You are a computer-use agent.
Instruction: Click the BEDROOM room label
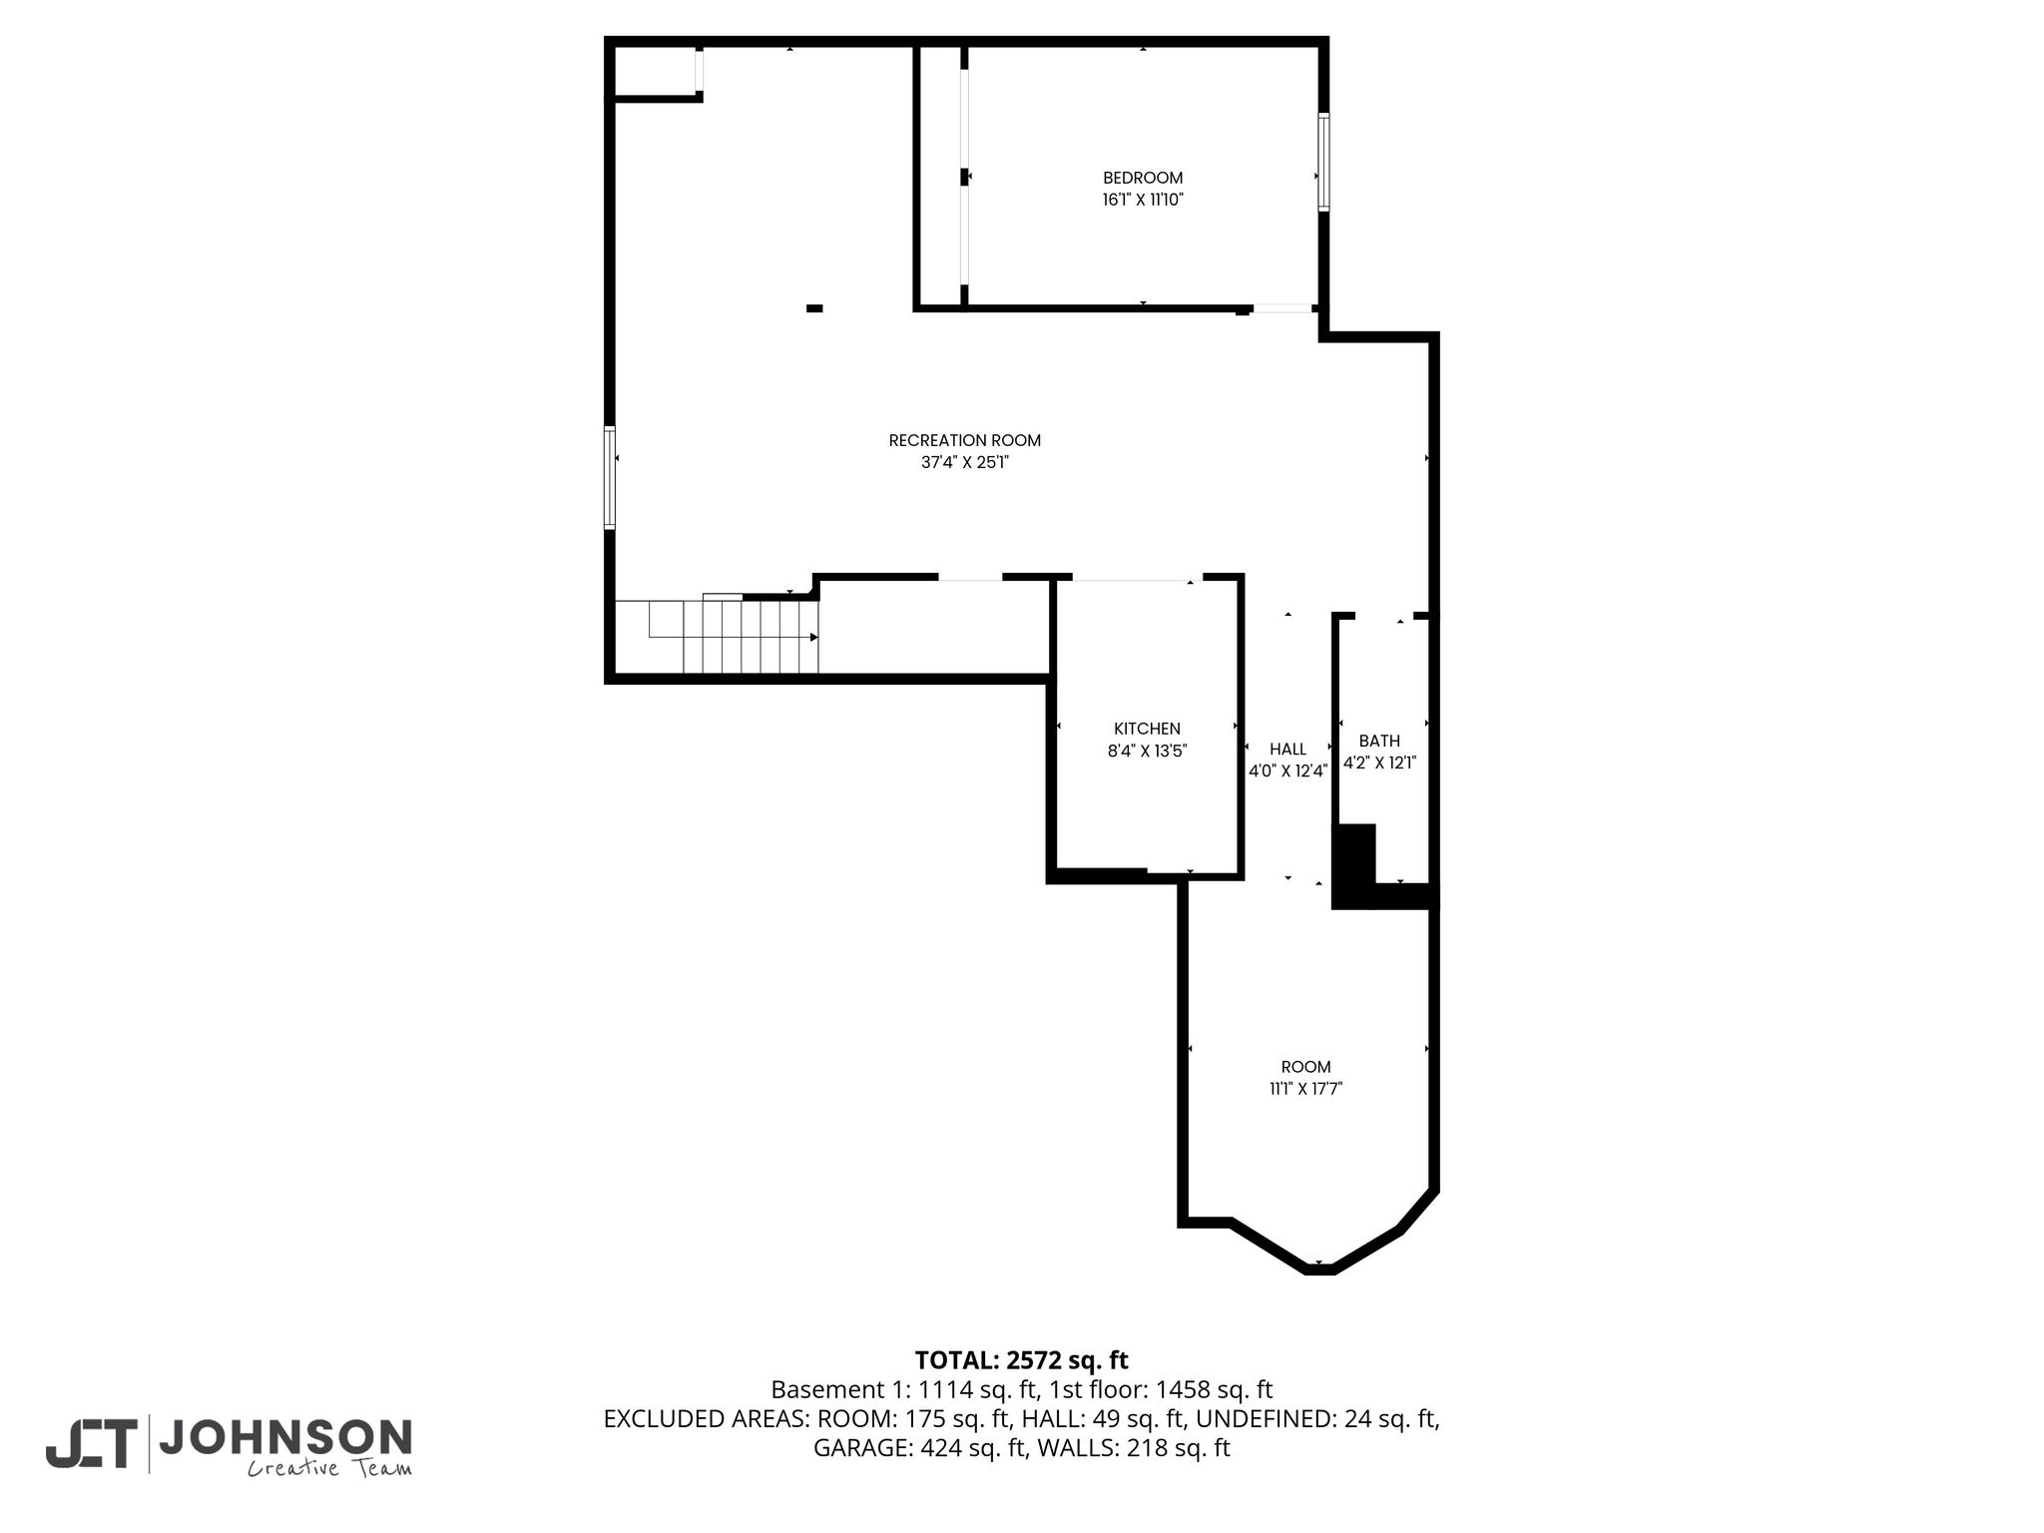[x=1143, y=179]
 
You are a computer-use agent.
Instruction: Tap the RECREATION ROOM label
[x=965, y=440]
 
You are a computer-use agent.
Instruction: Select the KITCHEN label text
[x=1147, y=730]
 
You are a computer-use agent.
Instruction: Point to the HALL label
[x=1287, y=750]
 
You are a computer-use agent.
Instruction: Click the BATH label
[x=1379, y=742]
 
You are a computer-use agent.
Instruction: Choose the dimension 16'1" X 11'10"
[x=1143, y=200]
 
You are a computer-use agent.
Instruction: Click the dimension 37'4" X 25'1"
[x=965, y=462]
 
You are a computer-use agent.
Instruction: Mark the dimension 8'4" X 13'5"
[x=1147, y=751]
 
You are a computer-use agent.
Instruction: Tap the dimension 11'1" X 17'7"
[x=1305, y=1089]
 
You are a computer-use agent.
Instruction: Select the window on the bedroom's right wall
[x=1323, y=162]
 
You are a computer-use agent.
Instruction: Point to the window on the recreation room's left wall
[x=609, y=477]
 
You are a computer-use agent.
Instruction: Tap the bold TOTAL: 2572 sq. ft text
[x=1021, y=1360]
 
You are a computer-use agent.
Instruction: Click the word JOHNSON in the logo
[x=285, y=1437]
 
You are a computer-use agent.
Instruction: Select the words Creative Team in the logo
[x=329, y=1468]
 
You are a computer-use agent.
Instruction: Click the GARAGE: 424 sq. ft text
[x=920, y=1448]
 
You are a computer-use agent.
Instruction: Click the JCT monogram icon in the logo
[x=91, y=1444]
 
